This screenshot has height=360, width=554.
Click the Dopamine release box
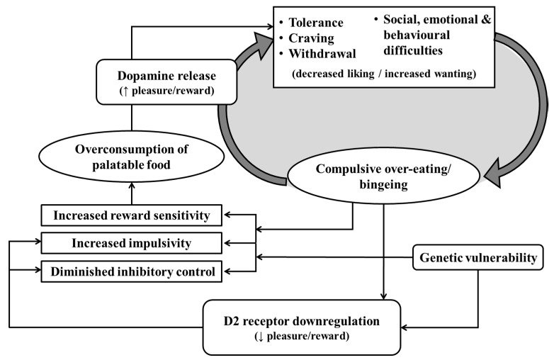point(166,82)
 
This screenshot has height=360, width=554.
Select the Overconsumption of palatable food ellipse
point(132,157)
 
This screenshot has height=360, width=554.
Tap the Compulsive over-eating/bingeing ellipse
point(383,176)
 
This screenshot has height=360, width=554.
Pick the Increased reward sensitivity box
point(132,215)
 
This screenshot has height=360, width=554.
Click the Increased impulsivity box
point(132,243)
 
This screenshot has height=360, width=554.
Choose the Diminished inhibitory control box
point(132,271)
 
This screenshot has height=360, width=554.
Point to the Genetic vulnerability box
point(478,257)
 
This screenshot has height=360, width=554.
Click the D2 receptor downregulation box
point(302,327)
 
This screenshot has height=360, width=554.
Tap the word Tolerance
point(316,23)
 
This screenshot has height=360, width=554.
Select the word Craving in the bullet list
point(311,38)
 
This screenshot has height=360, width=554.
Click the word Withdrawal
point(322,54)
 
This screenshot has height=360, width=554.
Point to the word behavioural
point(417,35)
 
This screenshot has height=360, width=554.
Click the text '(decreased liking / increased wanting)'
point(384,74)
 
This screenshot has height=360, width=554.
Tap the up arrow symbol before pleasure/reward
point(125,91)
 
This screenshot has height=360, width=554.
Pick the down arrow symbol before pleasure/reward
point(260,337)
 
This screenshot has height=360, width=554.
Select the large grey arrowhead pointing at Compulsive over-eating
point(497,173)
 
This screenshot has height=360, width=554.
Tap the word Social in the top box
point(402,19)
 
